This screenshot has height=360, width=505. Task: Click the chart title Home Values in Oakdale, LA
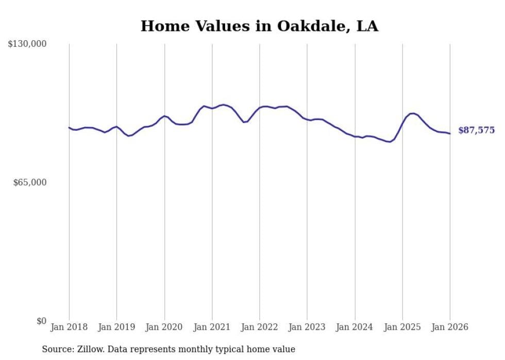tap(259, 26)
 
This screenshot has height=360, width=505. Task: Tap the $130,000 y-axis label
tap(27, 44)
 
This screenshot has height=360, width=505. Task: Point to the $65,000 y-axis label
tap(29, 182)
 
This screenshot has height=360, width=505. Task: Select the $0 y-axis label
tap(41, 321)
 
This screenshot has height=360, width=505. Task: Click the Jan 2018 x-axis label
tap(69, 327)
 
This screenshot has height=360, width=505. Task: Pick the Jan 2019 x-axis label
tap(116, 327)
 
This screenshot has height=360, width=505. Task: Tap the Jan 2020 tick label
tap(164, 327)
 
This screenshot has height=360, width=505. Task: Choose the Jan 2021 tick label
tap(212, 327)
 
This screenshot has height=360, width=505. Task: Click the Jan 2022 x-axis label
tap(260, 327)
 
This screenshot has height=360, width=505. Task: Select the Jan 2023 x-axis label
tap(307, 327)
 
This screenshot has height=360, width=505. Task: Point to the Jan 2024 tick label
tap(355, 327)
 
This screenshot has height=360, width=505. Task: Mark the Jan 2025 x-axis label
tap(402, 327)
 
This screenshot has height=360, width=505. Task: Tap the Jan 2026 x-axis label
tap(450, 327)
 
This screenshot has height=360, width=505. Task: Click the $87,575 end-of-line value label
tap(476, 130)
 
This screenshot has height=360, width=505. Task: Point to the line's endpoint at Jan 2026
tap(450, 134)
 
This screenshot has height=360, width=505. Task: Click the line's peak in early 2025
tap(412, 113)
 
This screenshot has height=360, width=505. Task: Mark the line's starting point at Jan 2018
tap(69, 127)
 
